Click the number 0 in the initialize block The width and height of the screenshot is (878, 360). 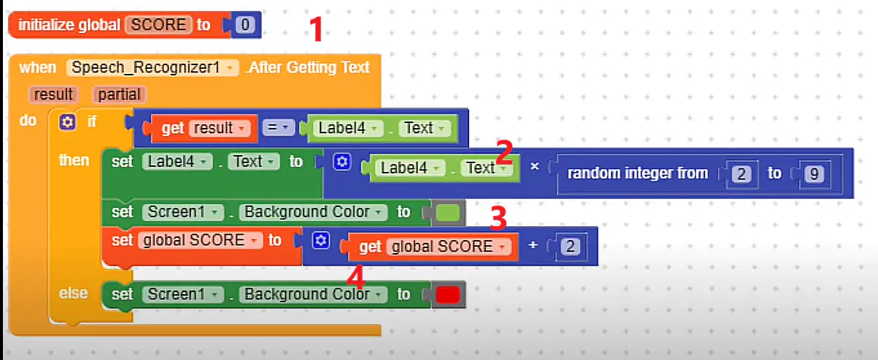click(245, 25)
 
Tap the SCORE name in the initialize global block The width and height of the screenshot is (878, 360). click(159, 25)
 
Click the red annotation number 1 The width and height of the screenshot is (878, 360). click(316, 29)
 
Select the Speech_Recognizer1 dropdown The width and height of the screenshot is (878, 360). click(152, 67)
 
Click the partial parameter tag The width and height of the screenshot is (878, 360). click(119, 94)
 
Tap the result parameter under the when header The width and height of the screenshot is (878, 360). click(53, 94)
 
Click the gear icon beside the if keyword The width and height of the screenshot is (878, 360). click(67, 122)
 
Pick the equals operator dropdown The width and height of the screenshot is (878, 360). click(278, 127)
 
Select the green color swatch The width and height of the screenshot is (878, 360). click(448, 213)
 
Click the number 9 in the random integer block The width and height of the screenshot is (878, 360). click(814, 173)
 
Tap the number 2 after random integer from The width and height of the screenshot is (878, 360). click(741, 173)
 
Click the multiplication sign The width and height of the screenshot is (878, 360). click(535, 166)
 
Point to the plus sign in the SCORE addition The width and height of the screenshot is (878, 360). click(533, 245)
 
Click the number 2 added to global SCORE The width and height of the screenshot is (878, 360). click(570, 247)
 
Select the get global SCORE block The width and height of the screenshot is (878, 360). click(430, 247)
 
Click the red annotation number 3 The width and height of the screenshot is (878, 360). click(498, 217)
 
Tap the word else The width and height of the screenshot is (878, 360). click(73, 293)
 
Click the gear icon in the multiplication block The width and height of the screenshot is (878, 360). click(342, 162)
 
